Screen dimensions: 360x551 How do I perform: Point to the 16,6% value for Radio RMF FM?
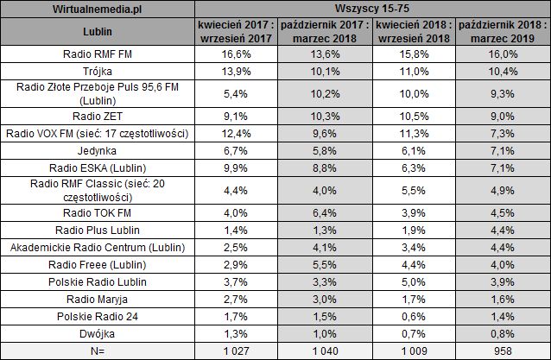click(x=237, y=54)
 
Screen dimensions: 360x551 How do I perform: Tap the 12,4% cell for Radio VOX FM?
click(x=237, y=132)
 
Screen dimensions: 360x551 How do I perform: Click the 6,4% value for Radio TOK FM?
click(x=326, y=211)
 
